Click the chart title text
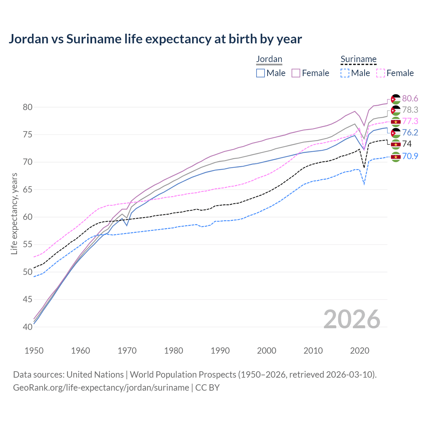click(155, 39)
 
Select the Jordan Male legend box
click(261, 73)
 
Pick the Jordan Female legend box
click(296, 73)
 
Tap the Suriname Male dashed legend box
click(345, 73)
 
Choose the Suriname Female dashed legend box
click(381, 73)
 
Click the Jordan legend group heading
click(269, 59)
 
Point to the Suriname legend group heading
click(358, 59)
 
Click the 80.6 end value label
click(410, 98)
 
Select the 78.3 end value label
click(410, 110)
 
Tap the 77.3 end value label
click(410, 121)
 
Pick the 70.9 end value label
click(410, 156)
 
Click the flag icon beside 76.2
click(396, 133)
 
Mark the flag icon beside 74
click(396, 144)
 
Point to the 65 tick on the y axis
click(28, 189)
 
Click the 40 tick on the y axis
click(28, 327)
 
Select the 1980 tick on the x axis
click(173, 351)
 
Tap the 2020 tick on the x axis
click(360, 351)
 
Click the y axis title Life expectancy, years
click(14, 213)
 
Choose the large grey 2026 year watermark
click(352, 319)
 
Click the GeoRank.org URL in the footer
click(101, 388)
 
